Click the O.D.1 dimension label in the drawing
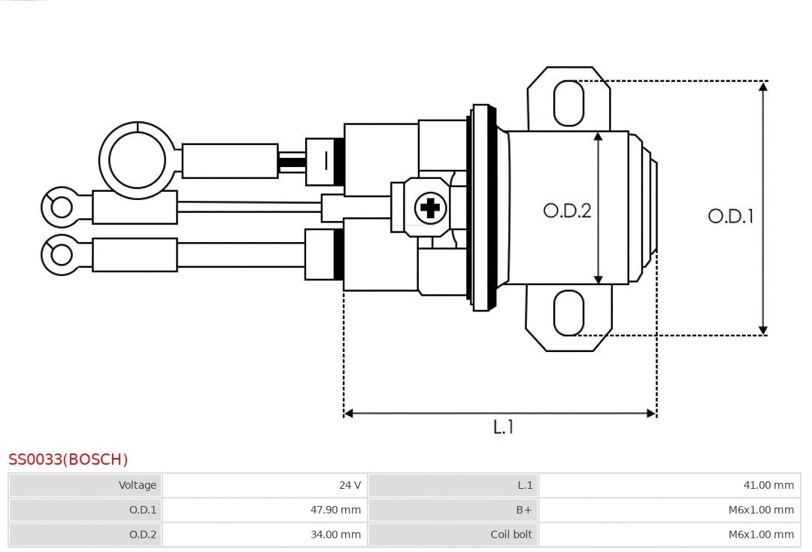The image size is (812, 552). point(730,217)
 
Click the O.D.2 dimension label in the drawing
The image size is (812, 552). point(567,211)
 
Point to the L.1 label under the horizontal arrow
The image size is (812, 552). point(503,426)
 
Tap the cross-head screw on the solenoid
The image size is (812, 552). point(430,207)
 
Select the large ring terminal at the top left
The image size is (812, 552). point(137,160)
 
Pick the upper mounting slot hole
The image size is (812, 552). point(568,103)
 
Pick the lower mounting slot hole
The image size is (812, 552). point(568,313)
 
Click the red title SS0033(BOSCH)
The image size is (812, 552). point(68,459)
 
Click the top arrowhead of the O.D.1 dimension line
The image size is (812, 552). point(763,86)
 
